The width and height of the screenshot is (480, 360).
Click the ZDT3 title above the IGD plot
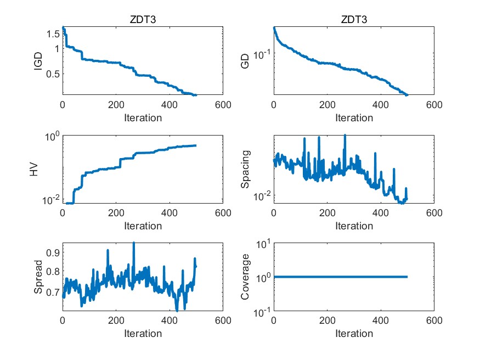point(143,20)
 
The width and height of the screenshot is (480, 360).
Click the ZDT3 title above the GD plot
point(354,20)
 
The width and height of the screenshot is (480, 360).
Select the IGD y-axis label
point(38,60)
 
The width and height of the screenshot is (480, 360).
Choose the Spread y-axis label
point(38,277)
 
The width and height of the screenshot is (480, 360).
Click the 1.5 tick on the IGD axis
point(52,34)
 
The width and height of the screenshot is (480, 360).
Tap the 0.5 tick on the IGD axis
point(52,74)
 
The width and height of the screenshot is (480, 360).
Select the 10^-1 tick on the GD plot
point(261,54)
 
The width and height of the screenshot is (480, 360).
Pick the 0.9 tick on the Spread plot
point(52,252)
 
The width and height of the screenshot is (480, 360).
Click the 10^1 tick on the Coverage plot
point(261,244)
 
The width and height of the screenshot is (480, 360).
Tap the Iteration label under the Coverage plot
point(354,334)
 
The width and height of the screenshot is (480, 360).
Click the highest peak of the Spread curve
point(133,243)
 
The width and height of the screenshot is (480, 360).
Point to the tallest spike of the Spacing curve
point(345,136)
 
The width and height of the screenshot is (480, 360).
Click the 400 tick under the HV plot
point(169,213)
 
